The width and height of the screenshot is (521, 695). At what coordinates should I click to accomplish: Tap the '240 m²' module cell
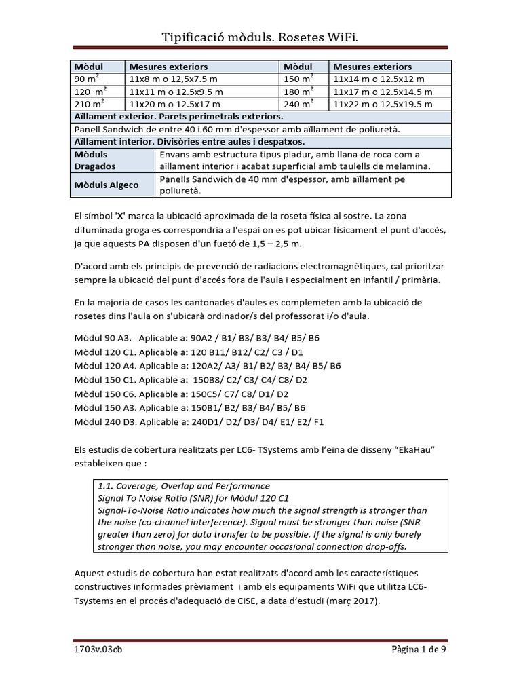coord(299,104)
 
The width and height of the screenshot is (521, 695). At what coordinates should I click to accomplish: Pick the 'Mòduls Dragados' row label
coord(94,160)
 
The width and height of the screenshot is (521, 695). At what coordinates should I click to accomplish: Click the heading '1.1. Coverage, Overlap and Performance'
coord(184,486)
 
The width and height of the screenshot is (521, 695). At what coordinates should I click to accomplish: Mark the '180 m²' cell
coord(299,92)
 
